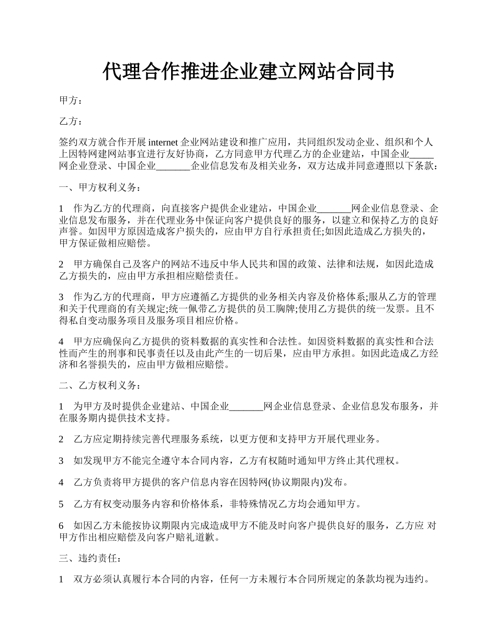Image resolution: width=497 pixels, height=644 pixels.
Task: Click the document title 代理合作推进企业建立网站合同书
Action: point(248,72)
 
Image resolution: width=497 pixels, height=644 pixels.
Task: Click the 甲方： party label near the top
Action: point(71,101)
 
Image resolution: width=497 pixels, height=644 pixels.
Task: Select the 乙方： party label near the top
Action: point(71,122)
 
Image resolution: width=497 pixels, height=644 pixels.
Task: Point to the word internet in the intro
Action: point(163,142)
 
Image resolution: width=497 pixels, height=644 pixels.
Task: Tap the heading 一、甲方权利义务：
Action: point(100,187)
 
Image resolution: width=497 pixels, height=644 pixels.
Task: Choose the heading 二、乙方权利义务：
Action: point(100,386)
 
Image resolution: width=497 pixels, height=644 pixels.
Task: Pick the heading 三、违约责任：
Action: point(91,559)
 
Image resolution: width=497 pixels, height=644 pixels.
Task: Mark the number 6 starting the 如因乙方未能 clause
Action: point(62,526)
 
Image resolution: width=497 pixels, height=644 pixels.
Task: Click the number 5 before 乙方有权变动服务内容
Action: point(62,504)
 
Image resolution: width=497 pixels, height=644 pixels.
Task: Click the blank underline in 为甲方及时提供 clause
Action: point(246,406)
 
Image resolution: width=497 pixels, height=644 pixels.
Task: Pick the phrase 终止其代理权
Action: point(368,461)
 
